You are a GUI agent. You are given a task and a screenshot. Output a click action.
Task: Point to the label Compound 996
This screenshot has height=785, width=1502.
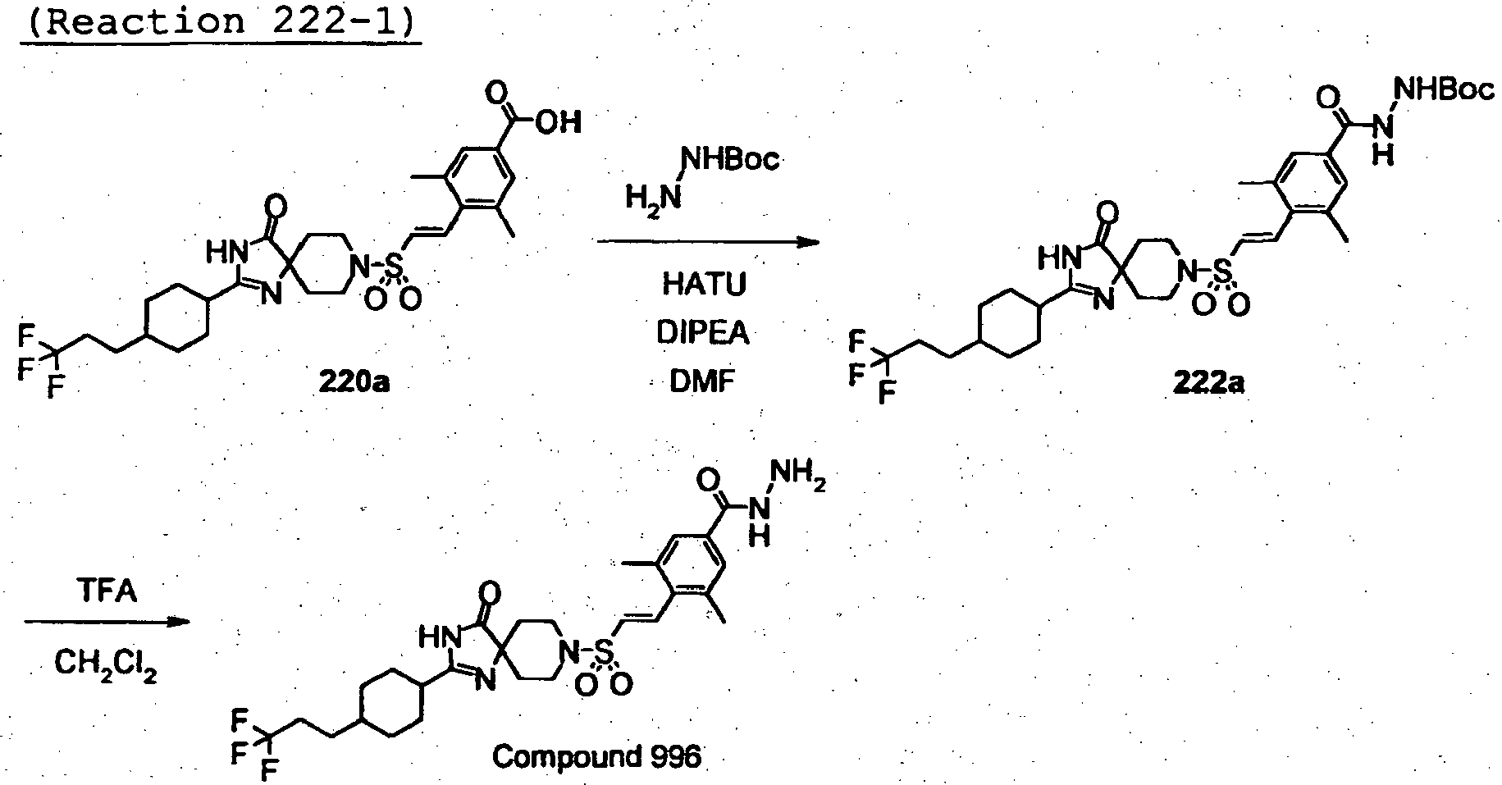[596, 755]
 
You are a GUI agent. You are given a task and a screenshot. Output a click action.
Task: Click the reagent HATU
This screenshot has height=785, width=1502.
[705, 285]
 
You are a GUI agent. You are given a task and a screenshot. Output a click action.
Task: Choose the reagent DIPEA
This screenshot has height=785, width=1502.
[704, 333]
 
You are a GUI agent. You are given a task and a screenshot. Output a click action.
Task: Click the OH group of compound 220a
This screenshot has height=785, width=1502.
[561, 123]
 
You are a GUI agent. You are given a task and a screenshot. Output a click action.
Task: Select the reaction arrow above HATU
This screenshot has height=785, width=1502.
[709, 242]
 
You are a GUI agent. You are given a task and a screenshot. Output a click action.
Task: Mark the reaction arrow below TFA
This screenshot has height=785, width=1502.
[107, 623]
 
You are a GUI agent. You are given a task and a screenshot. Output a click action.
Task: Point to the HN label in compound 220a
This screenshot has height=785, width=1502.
[227, 253]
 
